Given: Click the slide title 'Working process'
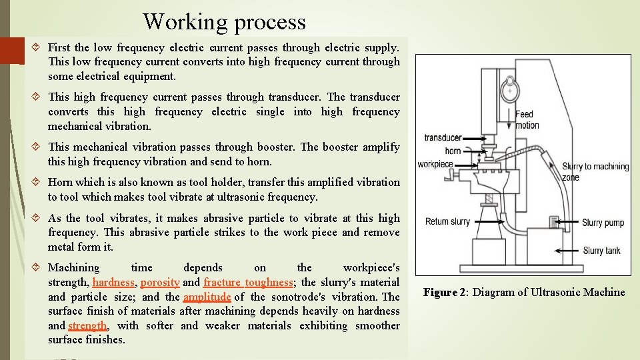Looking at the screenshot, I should (x=224, y=21).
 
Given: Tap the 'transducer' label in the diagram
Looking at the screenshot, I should (x=443, y=138).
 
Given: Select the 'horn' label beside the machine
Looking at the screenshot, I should (x=453, y=151).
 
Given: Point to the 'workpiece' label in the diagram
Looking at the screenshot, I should (x=435, y=164).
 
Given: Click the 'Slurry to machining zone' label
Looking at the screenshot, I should (x=595, y=171).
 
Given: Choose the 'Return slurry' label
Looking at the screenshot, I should (x=447, y=221).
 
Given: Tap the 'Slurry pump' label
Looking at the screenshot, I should (x=603, y=223).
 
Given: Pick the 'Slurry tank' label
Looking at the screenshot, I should (x=602, y=251).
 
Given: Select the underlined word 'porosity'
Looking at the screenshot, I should (x=160, y=282).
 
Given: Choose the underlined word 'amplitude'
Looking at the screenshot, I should (x=207, y=297).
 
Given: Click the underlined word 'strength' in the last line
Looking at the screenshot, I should (x=87, y=325).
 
